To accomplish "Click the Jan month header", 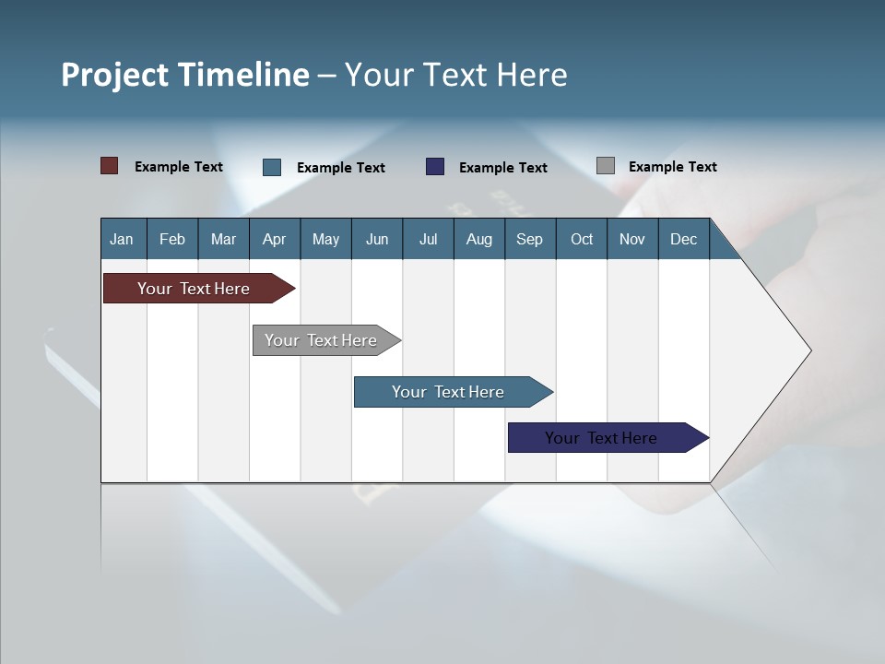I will (x=122, y=239).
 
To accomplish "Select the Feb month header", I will (x=172, y=239).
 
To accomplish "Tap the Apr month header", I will (x=274, y=239).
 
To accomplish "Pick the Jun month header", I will (x=377, y=239).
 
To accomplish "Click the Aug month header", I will (x=478, y=239).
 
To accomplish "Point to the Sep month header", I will (x=529, y=239).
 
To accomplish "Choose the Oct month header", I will (x=582, y=239).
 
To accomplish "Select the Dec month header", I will (x=683, y=239).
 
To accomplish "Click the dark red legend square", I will (x=109, y=166).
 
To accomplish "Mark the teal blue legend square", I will (x=272, y=167).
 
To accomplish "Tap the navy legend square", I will (x=435, y=167).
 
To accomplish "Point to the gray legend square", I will (x=606, y=166).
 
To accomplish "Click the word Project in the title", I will (x=114, y=75).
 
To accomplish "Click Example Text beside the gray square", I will (x=672, y=167).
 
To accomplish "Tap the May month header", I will (x=325, y=239).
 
